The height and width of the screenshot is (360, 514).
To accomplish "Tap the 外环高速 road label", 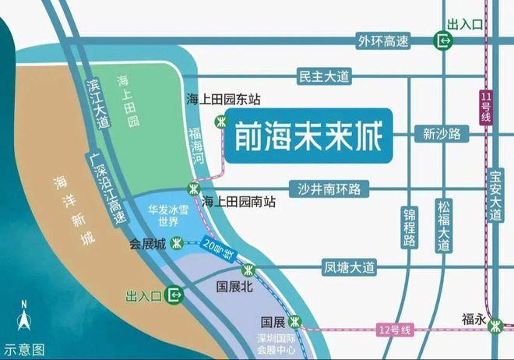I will coord(385,40).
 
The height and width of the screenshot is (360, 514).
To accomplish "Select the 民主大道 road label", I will coord(326,76).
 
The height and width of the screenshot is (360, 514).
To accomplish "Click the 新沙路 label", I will coord(442,133).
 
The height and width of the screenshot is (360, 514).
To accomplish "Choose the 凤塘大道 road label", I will coord(349,268).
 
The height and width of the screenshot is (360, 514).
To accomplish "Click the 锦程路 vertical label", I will coord(409,227).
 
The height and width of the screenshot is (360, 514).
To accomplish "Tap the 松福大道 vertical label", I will coord(444,226).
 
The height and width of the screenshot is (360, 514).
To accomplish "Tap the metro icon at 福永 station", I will coord(495,327).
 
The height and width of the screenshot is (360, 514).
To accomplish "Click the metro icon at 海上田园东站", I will coord(221,120).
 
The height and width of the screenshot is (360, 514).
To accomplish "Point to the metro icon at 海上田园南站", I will coord(193,188).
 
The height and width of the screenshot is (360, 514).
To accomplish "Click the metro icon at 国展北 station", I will coord(248,270).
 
